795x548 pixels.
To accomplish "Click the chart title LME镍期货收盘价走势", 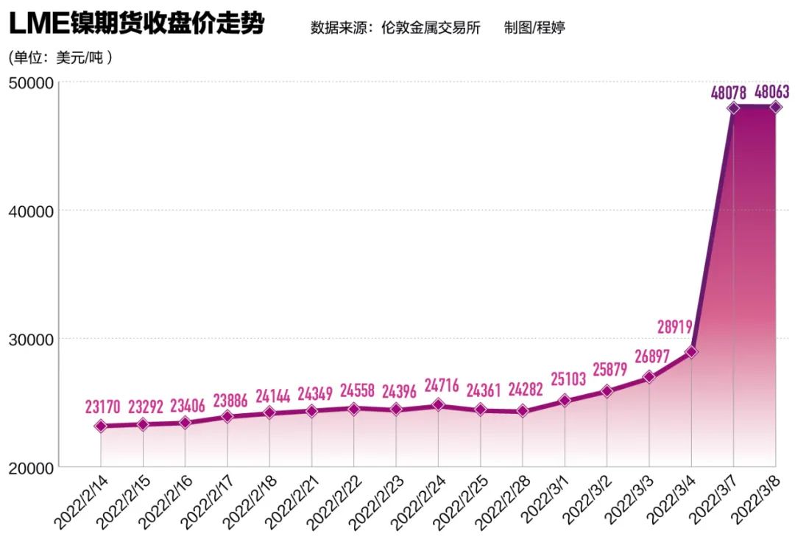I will tap(136, 24).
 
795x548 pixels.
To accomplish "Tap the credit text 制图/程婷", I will tap(534, 28).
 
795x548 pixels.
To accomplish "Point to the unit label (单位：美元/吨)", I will tap(60, 57).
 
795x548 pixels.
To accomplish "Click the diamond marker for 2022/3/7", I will tap(734, 108).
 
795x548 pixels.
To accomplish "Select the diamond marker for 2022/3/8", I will tap(776, 107).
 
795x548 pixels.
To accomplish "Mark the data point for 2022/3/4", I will tap(691, 352).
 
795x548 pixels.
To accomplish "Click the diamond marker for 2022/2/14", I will tap(101, 426).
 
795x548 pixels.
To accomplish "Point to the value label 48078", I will tap(729, 93).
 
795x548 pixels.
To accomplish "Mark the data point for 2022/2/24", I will tap(438, 404).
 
